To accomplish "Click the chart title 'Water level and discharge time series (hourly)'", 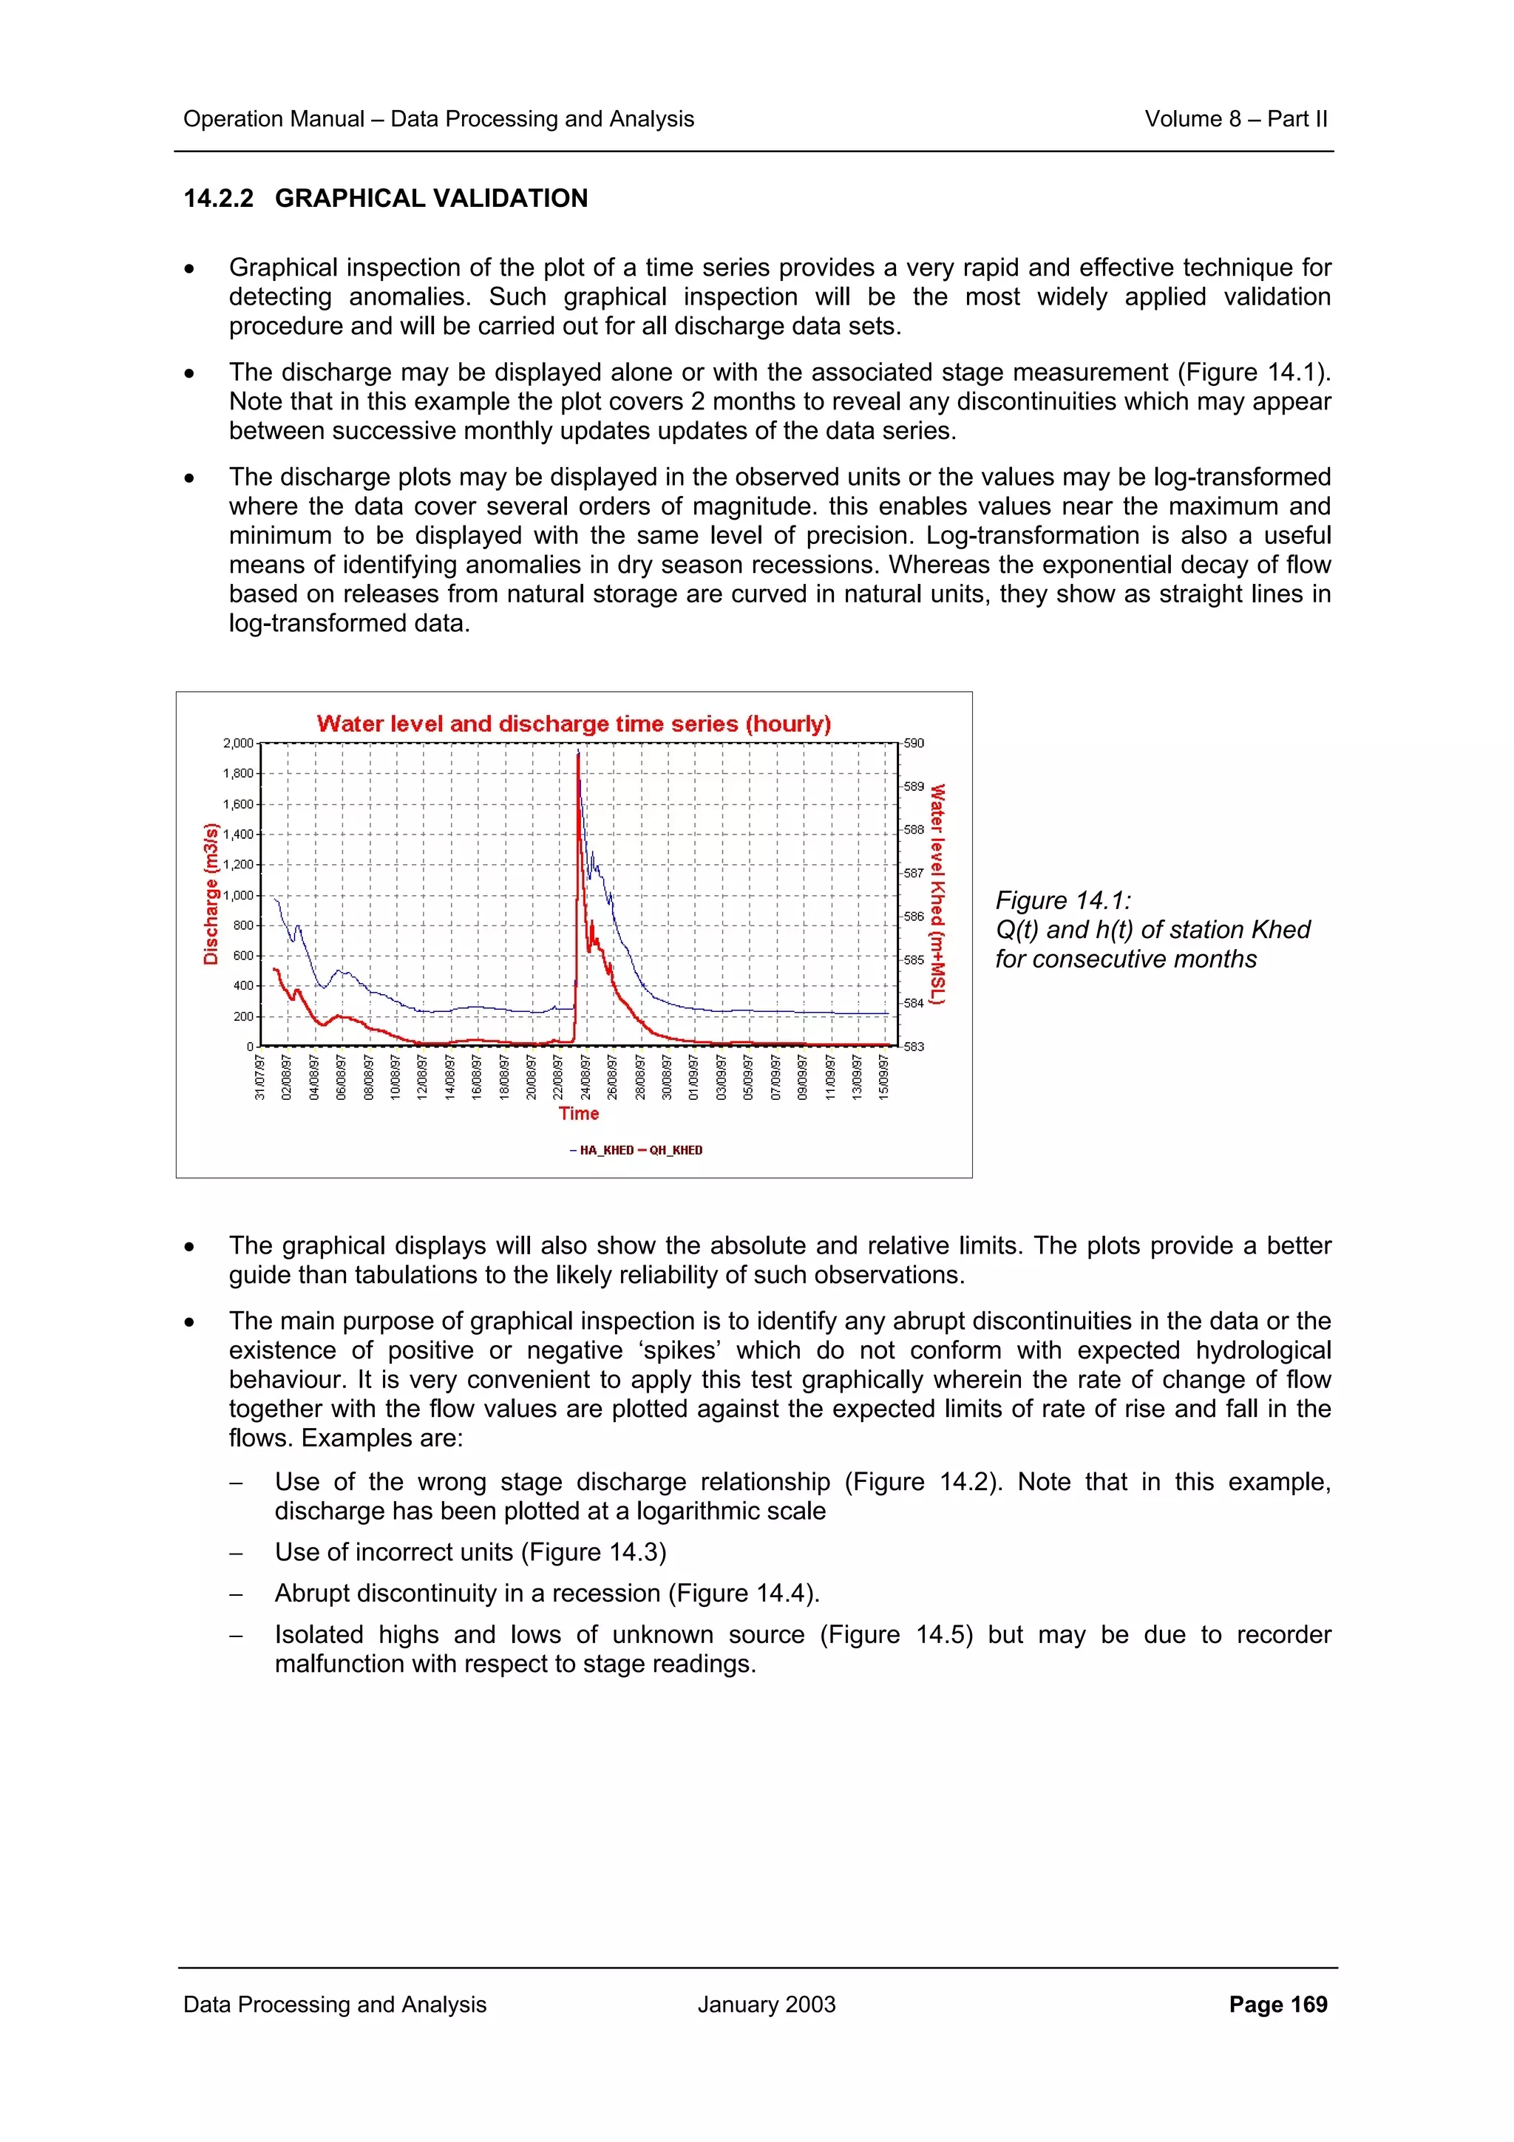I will pos(573,724).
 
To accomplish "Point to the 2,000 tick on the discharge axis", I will pos(238,744).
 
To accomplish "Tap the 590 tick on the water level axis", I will pos(914,744).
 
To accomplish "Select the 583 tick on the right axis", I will pos(914,1047).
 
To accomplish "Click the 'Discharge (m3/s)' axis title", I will pos(211,894).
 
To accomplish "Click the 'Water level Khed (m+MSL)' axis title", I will pos(937,894).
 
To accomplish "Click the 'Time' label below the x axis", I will pos(578,1113).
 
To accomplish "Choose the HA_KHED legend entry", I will pos(602,1150).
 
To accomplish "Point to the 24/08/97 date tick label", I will pos(585,1078).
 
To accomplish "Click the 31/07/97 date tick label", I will pos(260,1078).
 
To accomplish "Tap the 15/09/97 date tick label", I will pos(883,1078).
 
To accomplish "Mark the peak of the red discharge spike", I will pos(578,754).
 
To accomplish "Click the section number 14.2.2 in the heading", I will pos(218,199).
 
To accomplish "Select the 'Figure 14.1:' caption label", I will pos(1062,900).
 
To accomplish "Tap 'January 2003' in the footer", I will pos(766,2004).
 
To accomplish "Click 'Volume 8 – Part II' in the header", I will pos(1235,120).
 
